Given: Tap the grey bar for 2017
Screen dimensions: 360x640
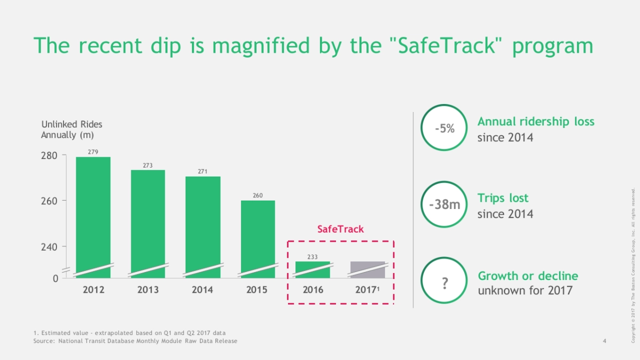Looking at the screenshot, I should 367,269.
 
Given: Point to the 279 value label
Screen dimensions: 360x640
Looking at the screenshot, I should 93,152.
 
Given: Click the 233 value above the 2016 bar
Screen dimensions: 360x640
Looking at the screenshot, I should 313,257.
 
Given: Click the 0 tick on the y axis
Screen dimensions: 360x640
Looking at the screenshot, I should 55,278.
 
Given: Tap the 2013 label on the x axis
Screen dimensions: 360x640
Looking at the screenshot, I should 148,290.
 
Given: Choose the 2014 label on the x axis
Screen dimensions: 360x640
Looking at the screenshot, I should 203,290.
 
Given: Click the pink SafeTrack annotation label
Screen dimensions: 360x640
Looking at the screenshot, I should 340,229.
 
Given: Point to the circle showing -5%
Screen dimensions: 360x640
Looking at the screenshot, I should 444,129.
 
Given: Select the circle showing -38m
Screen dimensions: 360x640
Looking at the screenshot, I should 444,205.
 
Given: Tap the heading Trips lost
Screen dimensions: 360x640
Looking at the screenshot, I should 503,198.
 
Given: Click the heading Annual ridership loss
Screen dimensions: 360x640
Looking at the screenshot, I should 535,122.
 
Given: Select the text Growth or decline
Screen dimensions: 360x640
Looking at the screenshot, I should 527,276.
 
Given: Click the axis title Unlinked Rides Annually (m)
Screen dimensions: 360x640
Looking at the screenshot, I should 72,130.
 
